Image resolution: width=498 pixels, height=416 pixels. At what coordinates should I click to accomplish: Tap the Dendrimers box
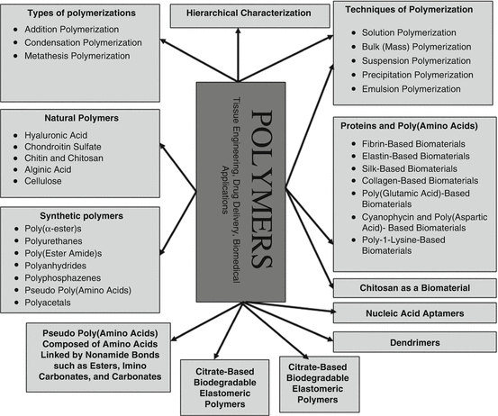tap(413, 342)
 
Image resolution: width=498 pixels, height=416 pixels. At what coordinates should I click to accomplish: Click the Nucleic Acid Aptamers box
tap(413, 314)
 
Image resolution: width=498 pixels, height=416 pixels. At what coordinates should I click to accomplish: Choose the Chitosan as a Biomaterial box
tap(413, 287)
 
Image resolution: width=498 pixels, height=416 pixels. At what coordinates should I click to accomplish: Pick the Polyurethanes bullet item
tap(60, 243)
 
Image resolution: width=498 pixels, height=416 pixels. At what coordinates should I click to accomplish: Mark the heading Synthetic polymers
tap(68, 216)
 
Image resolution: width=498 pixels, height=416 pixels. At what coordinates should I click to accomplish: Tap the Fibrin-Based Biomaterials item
tap(407, 141)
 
